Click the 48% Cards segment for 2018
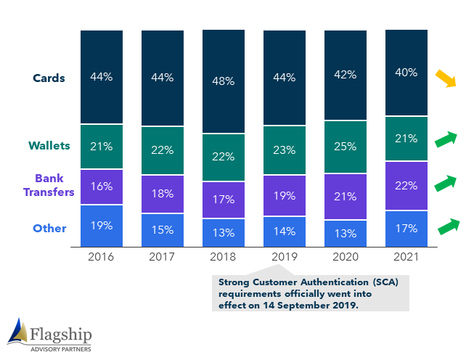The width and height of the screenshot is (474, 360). (x=224, y=81)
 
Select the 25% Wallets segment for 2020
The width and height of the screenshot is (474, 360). (x=346, y=147)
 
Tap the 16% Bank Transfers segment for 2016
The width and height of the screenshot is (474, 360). (x=102, y=187)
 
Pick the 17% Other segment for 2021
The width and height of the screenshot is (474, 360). (x=406, y=229)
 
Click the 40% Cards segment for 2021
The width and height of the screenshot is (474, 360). (x=406, y=73)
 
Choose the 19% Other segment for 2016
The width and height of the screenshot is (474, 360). (x=102, y=226)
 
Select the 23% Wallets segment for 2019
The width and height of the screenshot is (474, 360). (x=285, y=150)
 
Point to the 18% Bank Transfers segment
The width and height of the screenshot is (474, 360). (x=163, y=194)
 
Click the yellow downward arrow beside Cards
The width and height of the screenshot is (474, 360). (x=446, y=78)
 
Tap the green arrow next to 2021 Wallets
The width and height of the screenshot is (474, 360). (x=446, y=139)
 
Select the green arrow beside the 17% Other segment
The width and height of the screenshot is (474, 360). (x=449, y=226)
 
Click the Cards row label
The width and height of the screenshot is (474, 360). (x=49, y=78)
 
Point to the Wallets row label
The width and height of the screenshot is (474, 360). (x=49, y=146)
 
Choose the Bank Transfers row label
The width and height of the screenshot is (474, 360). (x=49, y=185)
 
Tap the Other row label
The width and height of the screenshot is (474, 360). (x=49, y=229)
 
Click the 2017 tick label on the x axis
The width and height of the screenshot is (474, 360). (x=162, y=257)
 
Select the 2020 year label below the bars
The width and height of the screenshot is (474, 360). (x=346, y=257)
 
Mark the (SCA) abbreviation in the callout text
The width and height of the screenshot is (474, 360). (x=385, y=282)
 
